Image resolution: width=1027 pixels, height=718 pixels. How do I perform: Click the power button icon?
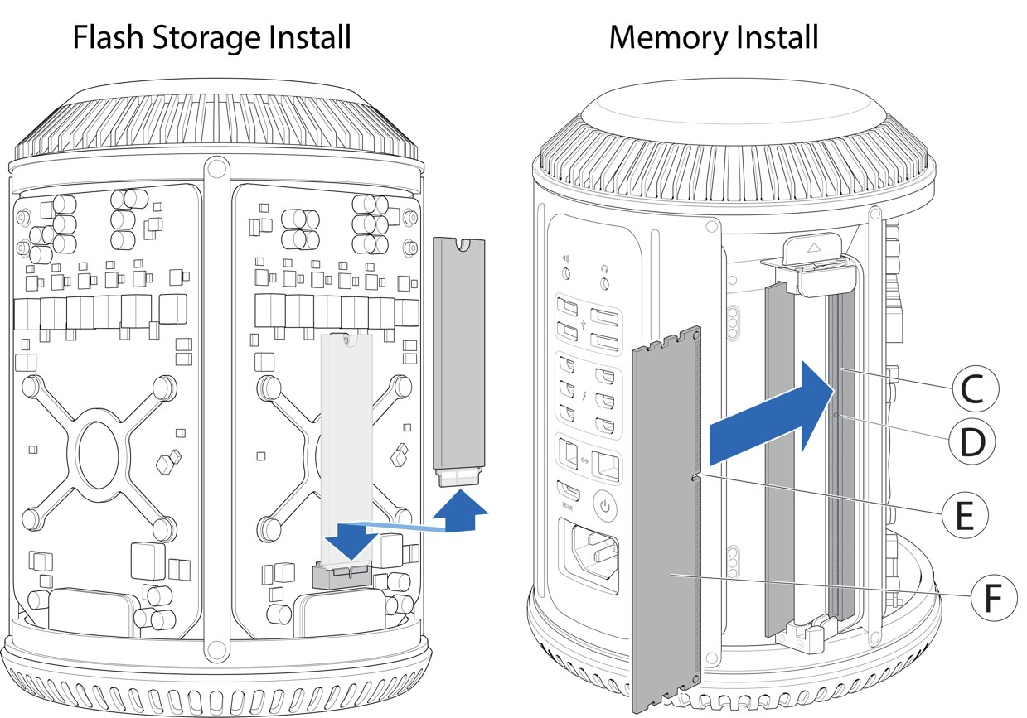pyautogui.click(x=605, y=504)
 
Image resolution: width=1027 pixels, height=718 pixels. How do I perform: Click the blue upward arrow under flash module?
pyautogui.click(x=460, y=513)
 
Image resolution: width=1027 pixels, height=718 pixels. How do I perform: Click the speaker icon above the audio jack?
pyautogui.click(x=566, y=267)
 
